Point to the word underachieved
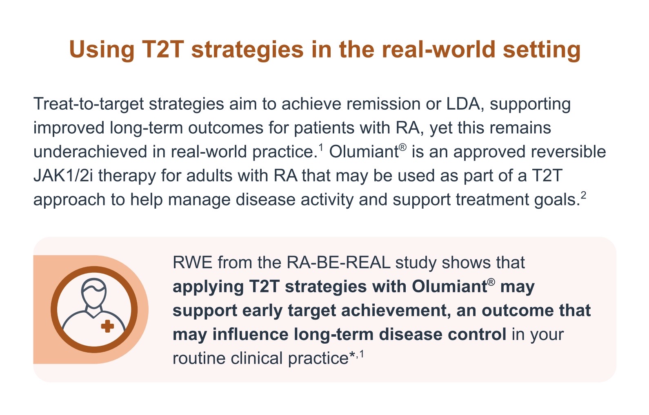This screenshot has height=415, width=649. coord(90,152)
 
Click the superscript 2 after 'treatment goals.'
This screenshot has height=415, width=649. coord(583,195)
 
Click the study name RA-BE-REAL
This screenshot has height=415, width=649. coord(338,263)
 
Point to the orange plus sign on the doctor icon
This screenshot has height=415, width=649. coord(107,326)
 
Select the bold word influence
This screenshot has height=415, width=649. coord(250,335)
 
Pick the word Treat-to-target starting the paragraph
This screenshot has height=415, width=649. coord(89,104)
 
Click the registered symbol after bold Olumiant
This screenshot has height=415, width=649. coord(491,283)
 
